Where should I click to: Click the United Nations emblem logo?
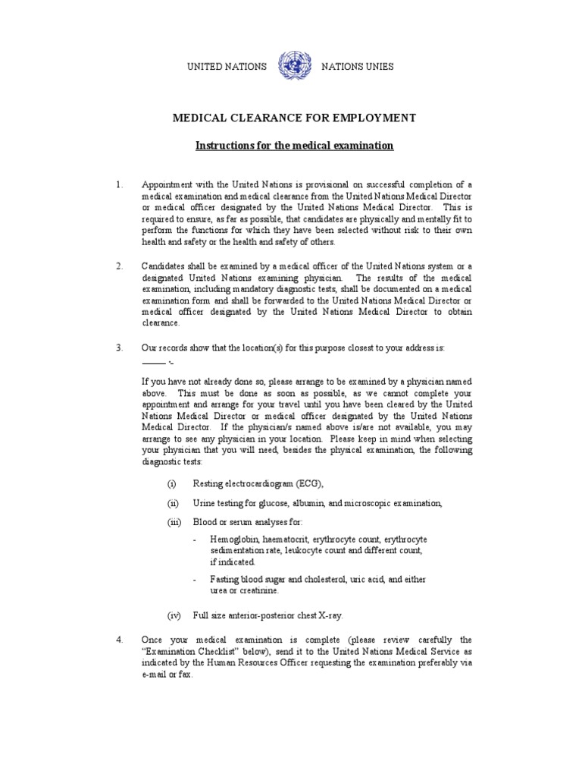tap(293, 66)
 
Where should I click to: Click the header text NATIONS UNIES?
tap(358, 67)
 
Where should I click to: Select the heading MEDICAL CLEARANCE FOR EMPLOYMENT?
tap(295, 118)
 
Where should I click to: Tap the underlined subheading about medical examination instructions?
tap(295, 145)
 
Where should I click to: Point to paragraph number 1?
tap(119, 185)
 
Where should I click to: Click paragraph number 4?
tap(119, 640)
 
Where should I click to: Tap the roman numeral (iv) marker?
tap(174, 615)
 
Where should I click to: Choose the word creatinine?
tap(258, 590)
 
